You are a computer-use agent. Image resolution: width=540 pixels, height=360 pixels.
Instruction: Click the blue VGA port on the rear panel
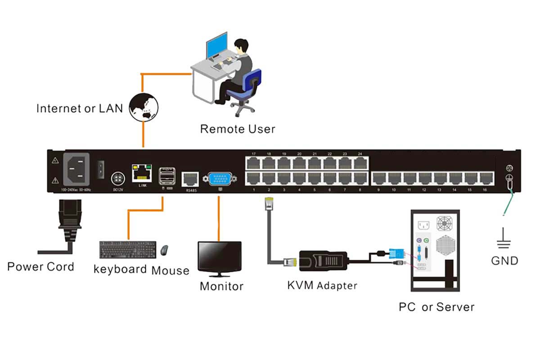pyautogui.click(x=219, y=179)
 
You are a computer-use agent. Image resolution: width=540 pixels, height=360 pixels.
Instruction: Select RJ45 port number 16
pyautogui.click(x=484, y=178)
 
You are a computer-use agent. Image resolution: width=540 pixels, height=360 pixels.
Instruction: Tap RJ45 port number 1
pyautogui.click(x=254, y=178)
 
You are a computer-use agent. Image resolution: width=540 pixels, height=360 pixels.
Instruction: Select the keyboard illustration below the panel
pyautogui.click(x=128, y=249)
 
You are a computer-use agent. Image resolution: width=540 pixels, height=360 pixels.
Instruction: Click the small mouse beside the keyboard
pyautogui.click(x=165, y=249)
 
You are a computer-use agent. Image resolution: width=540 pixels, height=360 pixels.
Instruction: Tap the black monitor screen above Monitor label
pyautogui.click(x=220, y=256)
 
